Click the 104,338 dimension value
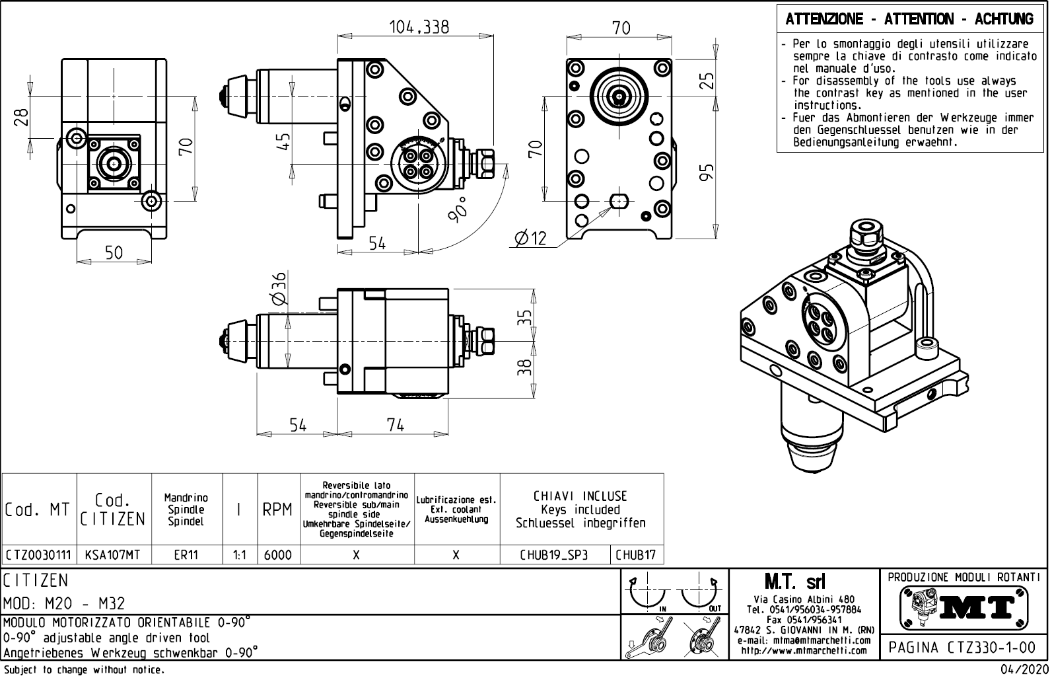(419, 26)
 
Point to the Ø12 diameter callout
(530, 237)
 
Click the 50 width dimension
(114, 252)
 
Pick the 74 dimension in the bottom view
(395, 425)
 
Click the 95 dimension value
(707, 172)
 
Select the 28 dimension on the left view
(22, 117)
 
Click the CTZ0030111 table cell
(39, 555)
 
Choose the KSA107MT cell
(114, 555)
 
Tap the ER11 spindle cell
(186, 555)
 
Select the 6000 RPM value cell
(278, 555)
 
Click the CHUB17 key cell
(635, 555)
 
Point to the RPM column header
(278, 509)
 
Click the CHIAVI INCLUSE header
(580, 496)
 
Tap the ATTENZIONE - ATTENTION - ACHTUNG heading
(909, 19)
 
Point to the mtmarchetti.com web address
(804, 650)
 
